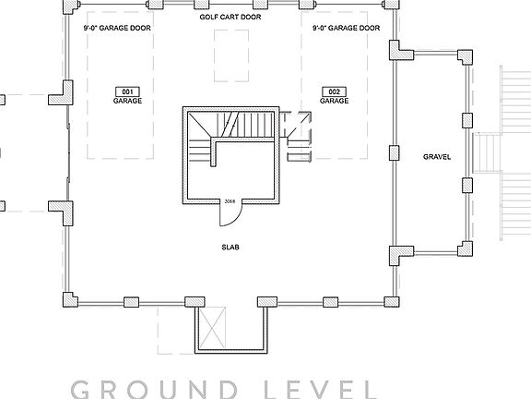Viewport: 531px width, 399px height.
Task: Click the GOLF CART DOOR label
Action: coord(230,18)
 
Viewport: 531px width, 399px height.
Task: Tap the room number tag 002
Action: coord(334,91)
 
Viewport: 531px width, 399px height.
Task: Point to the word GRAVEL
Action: coord(436,157)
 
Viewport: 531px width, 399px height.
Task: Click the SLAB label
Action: coord(230,248)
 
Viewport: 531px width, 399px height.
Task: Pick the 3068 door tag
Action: coord(230,201)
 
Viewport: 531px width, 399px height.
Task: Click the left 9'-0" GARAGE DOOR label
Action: coord(116,29)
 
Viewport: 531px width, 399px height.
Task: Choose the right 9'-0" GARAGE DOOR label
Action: coord(346,29)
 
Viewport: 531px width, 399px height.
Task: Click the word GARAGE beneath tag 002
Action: coord(334,101)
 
